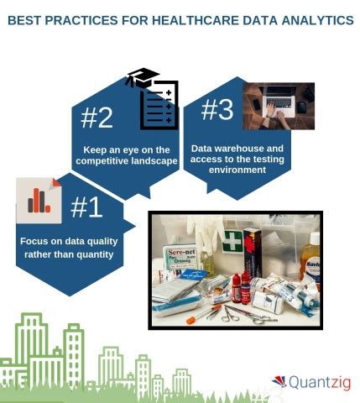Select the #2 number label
click(x=97, y=118)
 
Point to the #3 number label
click(x=217, y=110)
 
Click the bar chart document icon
click(x=39, y=200)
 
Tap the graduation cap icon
click(x=142, y=78)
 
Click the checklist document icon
click(x=159, y=106)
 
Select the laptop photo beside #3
click(x=279, y=106)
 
